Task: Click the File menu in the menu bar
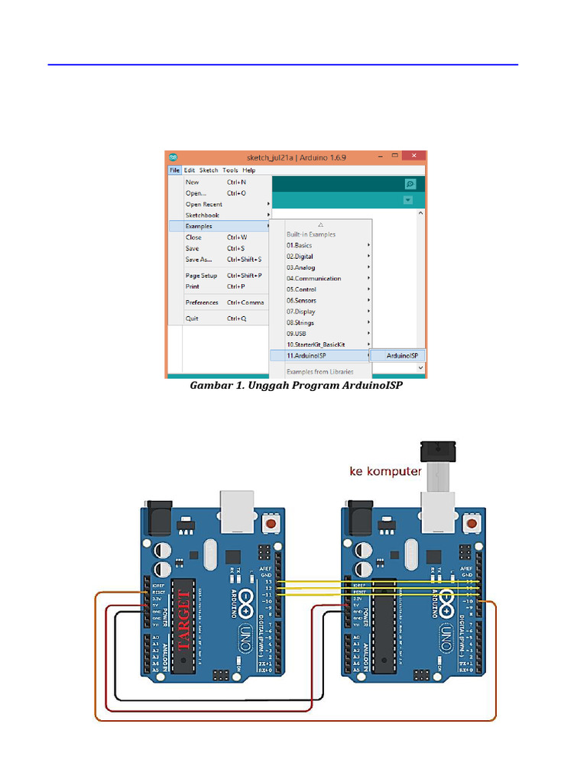click(x=175, y=170)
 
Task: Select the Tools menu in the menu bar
click(x=230, y=170)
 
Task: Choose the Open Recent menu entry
click(x=204, y=204)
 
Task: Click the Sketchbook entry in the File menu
click(x=202, y=215)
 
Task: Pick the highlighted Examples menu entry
click(x=199, y=226)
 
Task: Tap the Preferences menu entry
click(x=202, y=302)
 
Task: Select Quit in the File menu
click(x=192, y=318)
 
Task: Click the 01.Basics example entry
click(x=299, y=245)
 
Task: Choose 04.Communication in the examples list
click(x=313, y=279)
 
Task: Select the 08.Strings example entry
click(x=300, y=323)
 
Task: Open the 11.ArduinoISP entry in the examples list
click(x=306, y=356)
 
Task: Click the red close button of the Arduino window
click(x=413, y=157)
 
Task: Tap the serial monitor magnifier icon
click(x=410, y=184)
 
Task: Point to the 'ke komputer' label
click(x=385, y=471)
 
